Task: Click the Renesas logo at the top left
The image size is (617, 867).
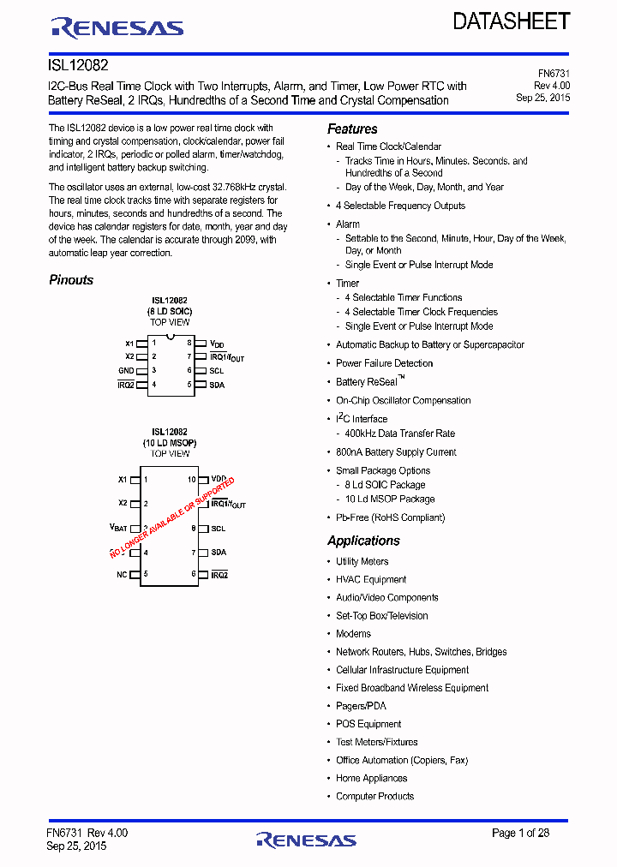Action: [117, 28]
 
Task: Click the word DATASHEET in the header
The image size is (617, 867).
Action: [511, 21]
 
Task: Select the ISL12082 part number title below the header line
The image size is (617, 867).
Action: [78, 65]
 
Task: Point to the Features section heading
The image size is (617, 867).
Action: [352, 129]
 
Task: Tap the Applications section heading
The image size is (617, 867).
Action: [363, 541]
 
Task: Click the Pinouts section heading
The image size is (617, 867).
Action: [71, 280]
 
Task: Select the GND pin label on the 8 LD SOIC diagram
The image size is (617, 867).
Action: [126, 371]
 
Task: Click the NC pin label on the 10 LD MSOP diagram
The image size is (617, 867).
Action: [122, 574]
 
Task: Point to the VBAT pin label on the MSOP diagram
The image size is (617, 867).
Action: [118, 528]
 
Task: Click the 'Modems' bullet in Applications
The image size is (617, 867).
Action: [353, 634]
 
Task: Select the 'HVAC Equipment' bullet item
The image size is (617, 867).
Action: [371, 580]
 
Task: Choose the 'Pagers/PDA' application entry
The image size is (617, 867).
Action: [361, 706]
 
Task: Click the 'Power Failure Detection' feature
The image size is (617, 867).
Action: [384, 363]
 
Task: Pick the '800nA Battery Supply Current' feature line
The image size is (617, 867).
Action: [396, 452]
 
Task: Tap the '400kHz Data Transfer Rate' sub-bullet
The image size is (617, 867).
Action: [400, 433]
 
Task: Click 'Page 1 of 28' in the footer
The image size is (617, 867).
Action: [520, 833]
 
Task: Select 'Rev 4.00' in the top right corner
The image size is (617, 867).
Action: [552, 86]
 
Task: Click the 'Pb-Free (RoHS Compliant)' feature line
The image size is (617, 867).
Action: [390, 517]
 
